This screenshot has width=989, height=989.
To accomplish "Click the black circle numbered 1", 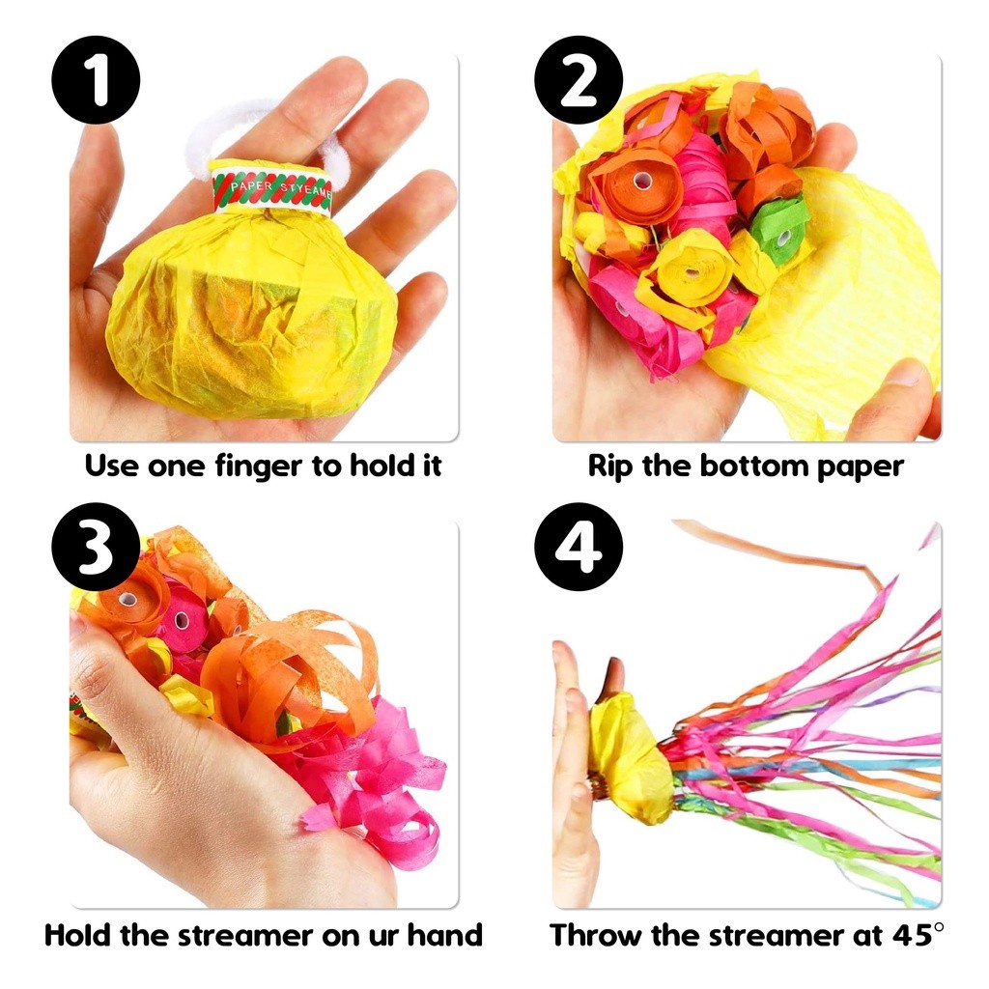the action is tap(96, 80).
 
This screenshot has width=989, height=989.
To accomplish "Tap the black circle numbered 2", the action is tap(579, 80).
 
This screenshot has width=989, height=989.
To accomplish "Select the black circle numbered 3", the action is tap(96, 547).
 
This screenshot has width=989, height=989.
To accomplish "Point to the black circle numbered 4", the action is tap(579, 547).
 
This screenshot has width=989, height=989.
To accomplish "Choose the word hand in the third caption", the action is tap(444, 934).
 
